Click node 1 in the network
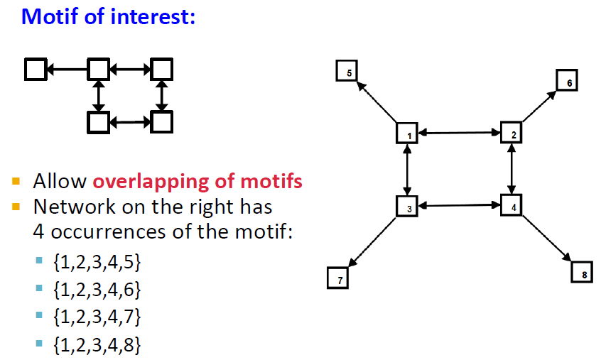click(x=406, y=133)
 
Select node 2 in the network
click(x=512, y=132)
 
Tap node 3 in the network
click(x=407, y=206)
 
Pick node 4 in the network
click(x=511, y=205)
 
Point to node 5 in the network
click(x=347, y=71)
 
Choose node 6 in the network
click(x=567, y=81)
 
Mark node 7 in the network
click(x=338, y=278)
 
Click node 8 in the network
click(x=582, y=272)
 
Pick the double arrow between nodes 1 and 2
click(x=459, y=132)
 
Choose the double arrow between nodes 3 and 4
click(x=459, y=206)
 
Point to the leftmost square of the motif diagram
click(x=35, y=69)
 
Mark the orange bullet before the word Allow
click(x=16, y=181)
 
